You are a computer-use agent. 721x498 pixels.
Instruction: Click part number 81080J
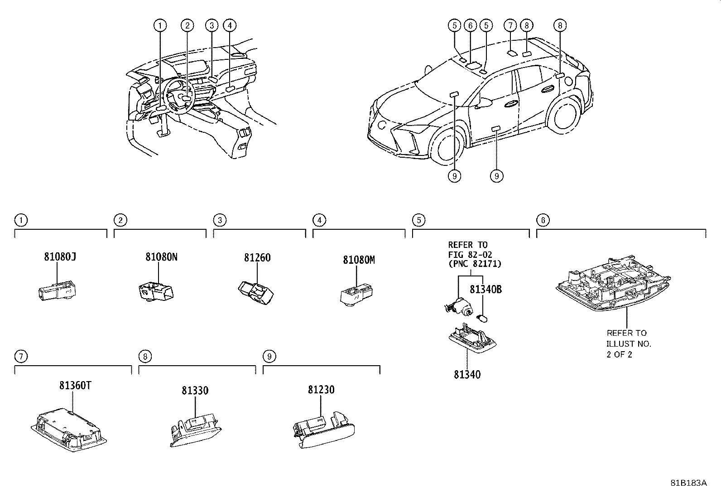[60, 256]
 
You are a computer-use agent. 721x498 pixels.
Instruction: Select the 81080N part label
[161, 257]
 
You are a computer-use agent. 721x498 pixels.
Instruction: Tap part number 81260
[257, 257]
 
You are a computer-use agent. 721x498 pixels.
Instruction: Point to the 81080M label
[359, 260]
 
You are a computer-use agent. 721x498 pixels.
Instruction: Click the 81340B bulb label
[485, 289]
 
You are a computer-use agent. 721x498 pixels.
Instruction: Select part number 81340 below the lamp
[467, 374]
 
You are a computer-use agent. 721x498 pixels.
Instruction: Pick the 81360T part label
[75, 385]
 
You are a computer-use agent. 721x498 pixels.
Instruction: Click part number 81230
[321, 390]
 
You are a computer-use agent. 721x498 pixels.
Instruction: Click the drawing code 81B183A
[688, 483]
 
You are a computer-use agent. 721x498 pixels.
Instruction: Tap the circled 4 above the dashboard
[230, 25]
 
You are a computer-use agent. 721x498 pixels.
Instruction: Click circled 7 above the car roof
[510, 25]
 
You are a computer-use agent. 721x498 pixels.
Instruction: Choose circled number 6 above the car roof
[471, 25]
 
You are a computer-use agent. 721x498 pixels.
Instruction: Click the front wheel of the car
[446, 146]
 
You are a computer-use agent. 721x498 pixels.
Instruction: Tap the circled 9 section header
[269, 357]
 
